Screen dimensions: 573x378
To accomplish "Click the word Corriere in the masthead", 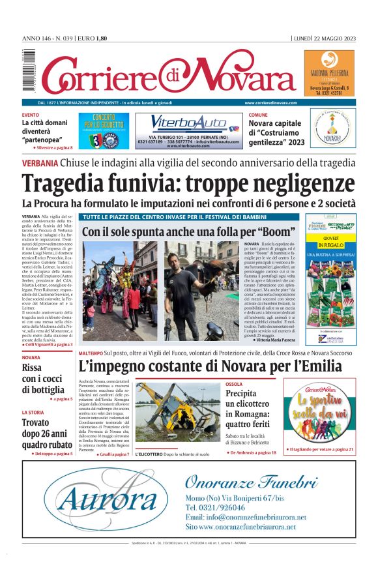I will pyautogui.click(x=98, y=77).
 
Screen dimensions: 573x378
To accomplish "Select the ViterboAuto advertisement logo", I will pyautogui.click(x=188, y=123).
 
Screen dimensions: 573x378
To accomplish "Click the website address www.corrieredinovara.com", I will pyautogui.click(x=270, y=103).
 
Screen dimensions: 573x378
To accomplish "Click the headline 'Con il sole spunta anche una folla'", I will pyautogui.click(x=186, y=231).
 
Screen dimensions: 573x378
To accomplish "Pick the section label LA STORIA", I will pyautogui.click(x=33, y=412).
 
